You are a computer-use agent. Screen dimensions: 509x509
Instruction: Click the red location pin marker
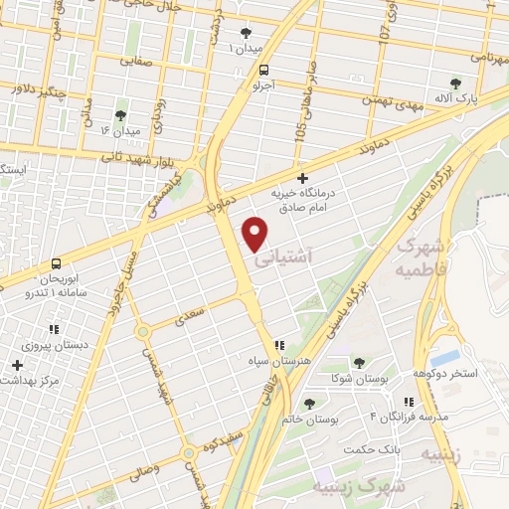[256, 233]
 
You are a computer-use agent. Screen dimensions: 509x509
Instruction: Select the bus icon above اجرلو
[263, 70]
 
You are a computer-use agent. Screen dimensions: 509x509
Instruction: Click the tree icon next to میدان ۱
[246, 33]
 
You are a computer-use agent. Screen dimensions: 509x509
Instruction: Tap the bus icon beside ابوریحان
[55, 264]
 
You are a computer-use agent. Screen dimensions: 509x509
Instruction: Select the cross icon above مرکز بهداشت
[17, 365]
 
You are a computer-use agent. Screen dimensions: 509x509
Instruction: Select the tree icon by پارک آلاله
[456, 84]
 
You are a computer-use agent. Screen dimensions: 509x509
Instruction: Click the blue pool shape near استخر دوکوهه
[446, 356]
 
